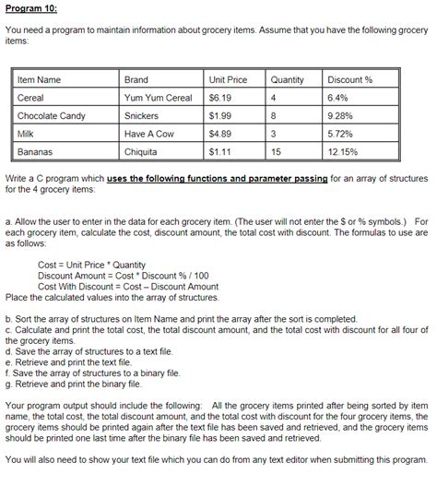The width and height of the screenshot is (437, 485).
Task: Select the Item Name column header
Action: pos(39,80)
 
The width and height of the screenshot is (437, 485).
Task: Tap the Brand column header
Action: pos(136,80)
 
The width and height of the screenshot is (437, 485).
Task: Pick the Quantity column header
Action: pos(288,80)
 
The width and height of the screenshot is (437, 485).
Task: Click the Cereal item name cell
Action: pos(31,98)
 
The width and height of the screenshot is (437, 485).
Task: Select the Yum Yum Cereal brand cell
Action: pos(158,98)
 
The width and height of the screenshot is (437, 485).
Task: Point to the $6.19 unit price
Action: pos(220,98)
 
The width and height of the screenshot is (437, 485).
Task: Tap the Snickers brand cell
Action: pos(141,116)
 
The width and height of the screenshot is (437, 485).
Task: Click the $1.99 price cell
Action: pos(220,116)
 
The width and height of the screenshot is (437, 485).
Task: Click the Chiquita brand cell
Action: pos(141,151)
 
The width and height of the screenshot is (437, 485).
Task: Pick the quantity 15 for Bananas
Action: pos(277,151)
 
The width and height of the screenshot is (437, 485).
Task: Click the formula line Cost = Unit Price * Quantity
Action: pos(91,264)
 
